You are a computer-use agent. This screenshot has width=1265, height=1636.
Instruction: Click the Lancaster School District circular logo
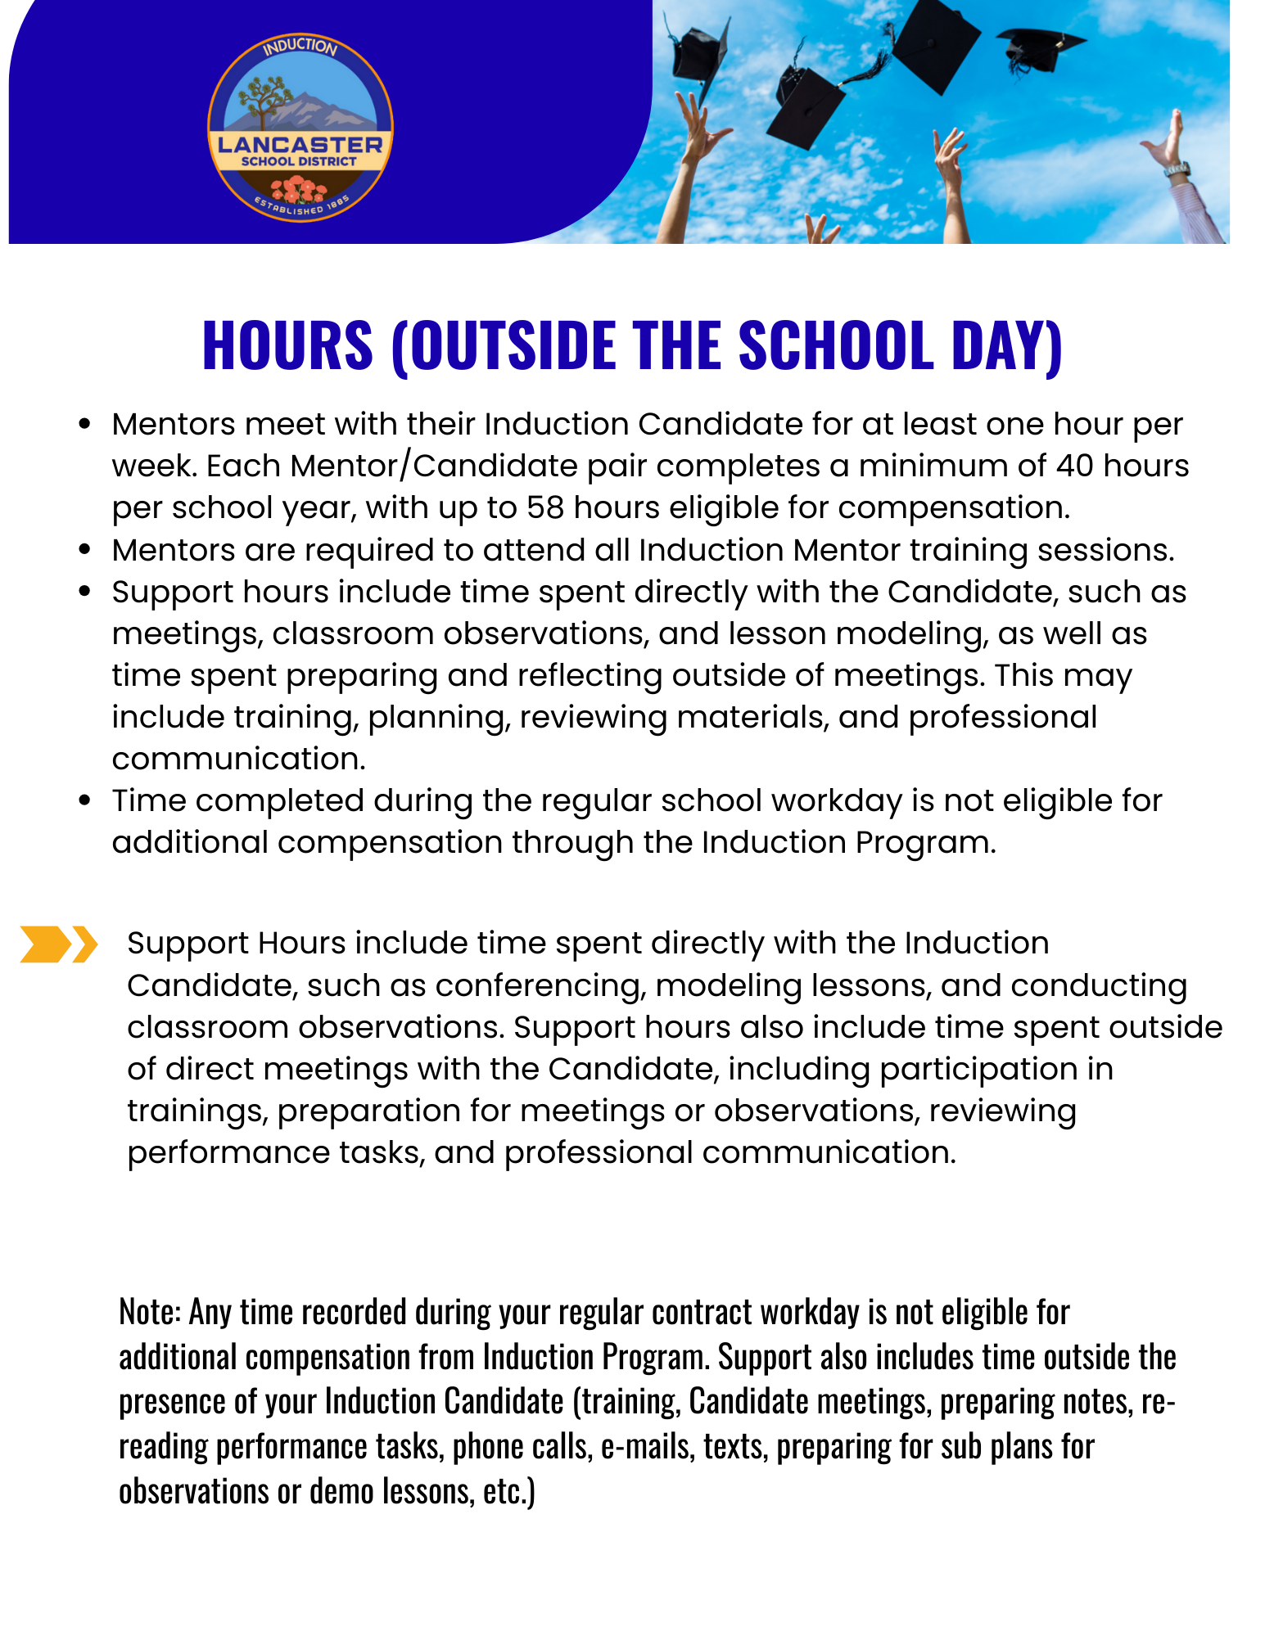[300, 128]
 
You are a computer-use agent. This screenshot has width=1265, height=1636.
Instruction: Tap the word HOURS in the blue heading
[287, 345]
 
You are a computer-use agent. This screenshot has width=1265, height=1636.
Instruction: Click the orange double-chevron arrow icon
[58, 944]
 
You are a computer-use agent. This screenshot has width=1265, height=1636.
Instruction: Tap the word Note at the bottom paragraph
[148, 1313]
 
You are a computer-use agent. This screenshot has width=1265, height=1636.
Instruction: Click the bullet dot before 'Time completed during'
[84, 801]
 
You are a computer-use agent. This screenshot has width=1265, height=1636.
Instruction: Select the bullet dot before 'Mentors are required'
[84, 551]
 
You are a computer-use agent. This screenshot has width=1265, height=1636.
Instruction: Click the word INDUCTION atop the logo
[300, 47]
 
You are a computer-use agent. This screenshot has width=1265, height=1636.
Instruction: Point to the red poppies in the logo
[299, 190]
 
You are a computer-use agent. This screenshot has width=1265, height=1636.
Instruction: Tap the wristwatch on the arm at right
[1177, 169]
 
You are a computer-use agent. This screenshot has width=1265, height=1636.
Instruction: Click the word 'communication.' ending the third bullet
[238, 759]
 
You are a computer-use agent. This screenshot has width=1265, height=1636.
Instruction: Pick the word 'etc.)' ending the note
[508, 1492]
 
